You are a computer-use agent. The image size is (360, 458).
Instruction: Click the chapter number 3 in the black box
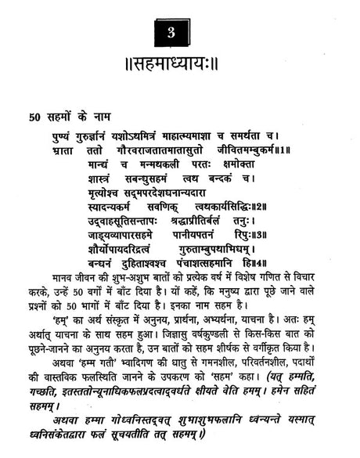(179, 32)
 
